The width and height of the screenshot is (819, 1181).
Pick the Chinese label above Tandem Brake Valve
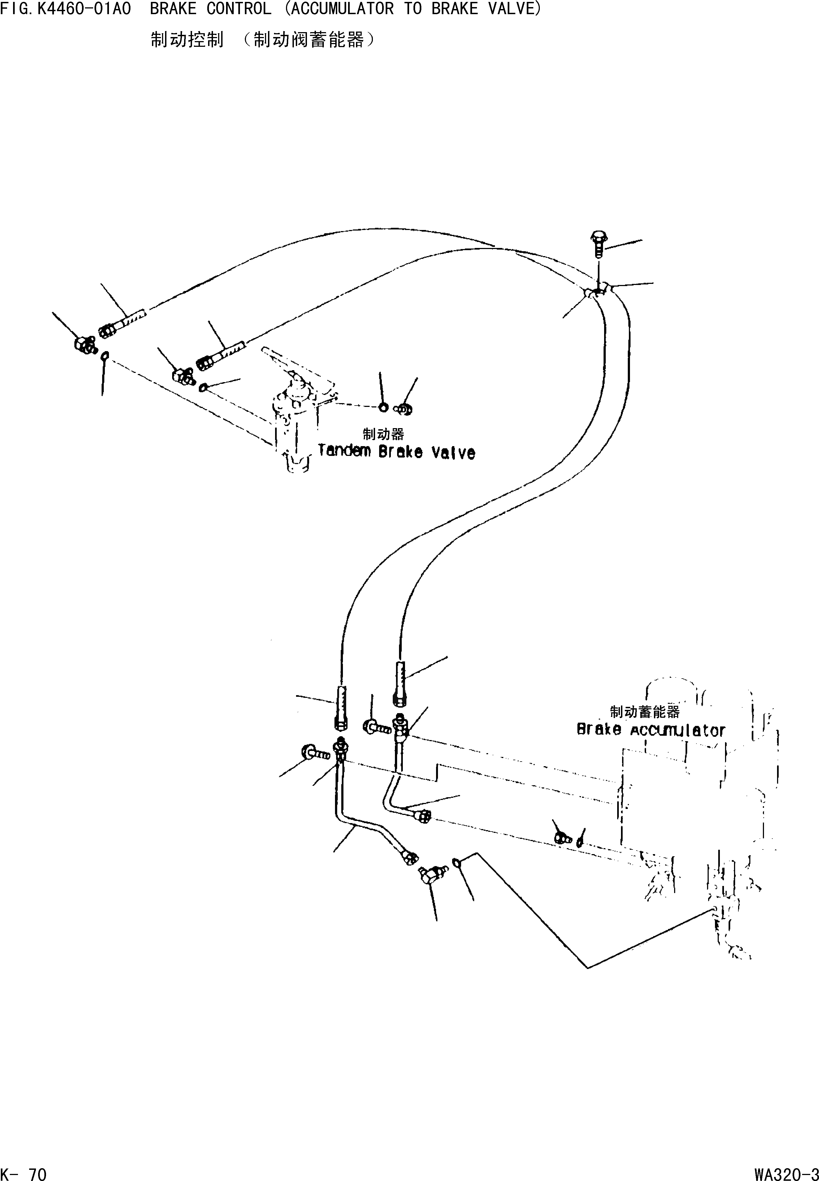coord(383,434)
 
